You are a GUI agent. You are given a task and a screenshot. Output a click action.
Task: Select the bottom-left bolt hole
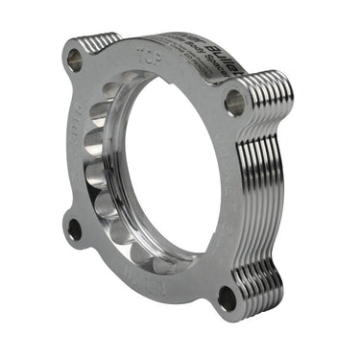73,228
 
